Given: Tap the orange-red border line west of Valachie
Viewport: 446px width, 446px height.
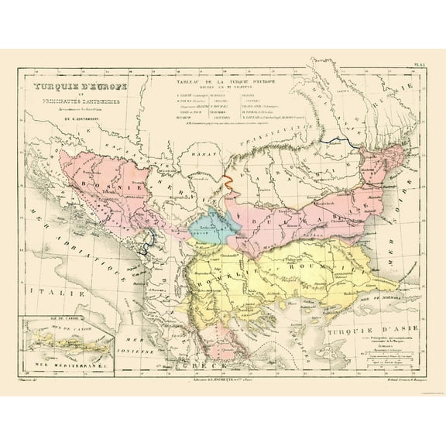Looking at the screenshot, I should pyautogui.click(x=229, y=186).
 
